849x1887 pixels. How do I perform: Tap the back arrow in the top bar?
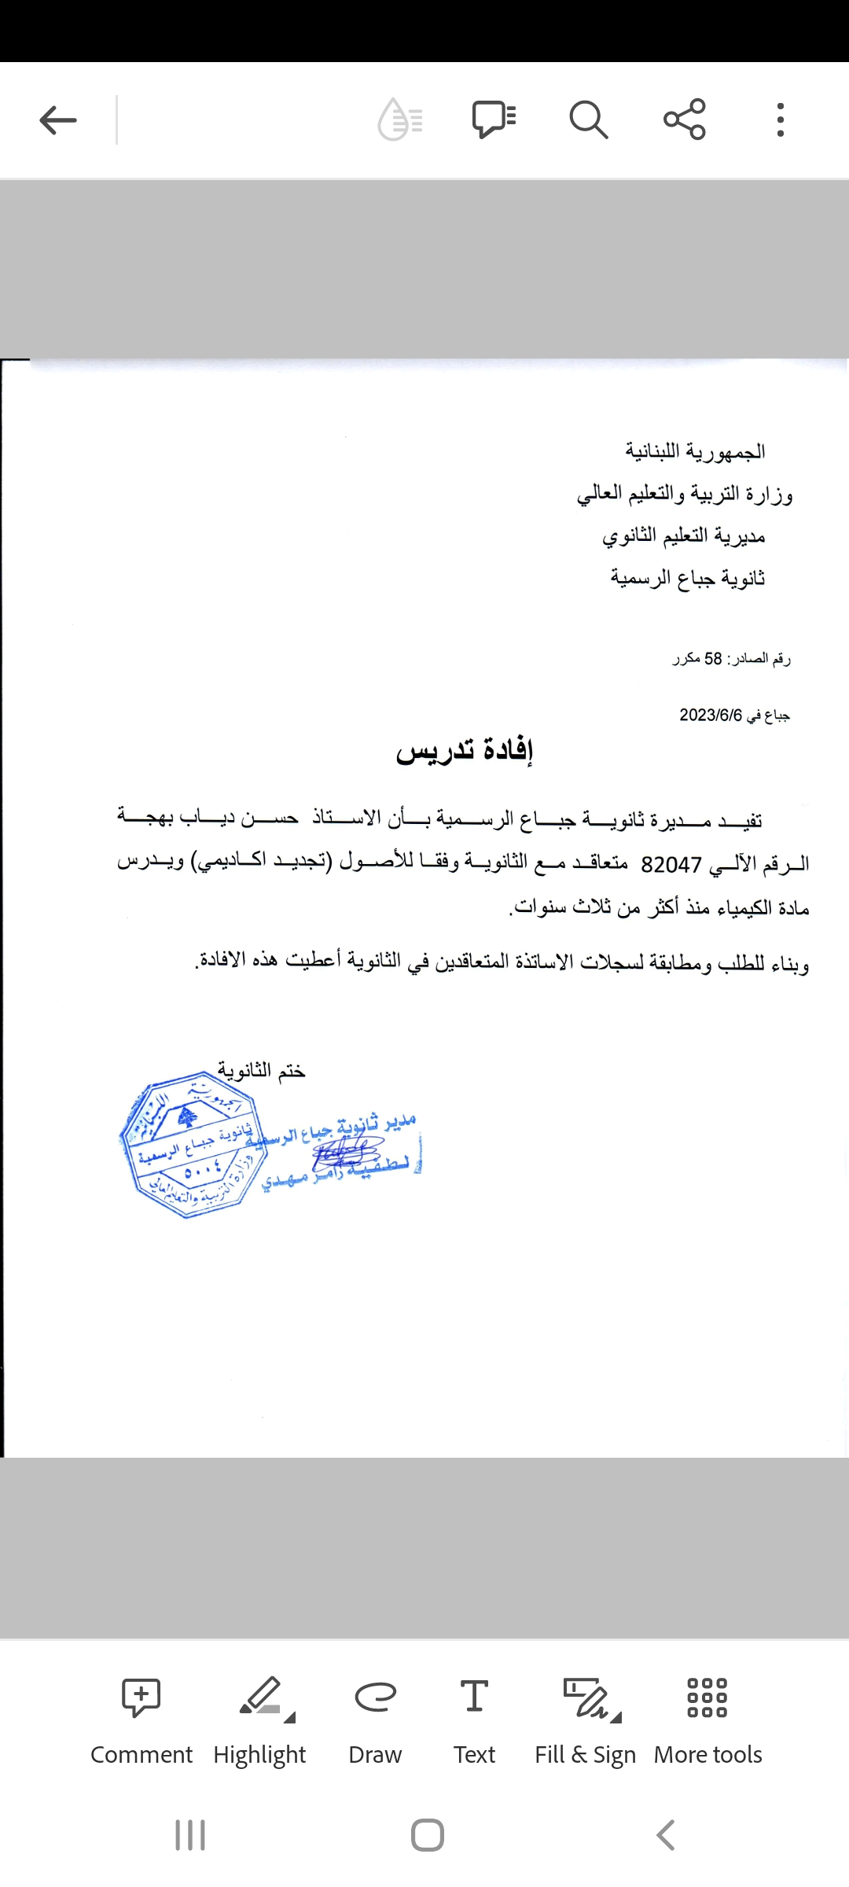click(58, 120)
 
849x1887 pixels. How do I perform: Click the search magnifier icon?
click(588, 120)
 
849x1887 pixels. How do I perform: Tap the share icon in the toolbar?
click(685, 120)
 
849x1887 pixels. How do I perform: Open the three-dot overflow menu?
click(780, 120)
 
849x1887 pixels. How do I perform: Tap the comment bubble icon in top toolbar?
click(494, 120)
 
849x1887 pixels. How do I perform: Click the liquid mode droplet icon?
click(400, 120)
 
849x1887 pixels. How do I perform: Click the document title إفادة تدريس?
click(465, 751)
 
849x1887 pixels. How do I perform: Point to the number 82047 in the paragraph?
click(671, 865)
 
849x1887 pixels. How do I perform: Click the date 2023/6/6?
click(711, 715)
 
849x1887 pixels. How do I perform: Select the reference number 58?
click(713, 659)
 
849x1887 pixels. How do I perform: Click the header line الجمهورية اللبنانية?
click(695, 451)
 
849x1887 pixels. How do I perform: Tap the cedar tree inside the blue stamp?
click(187, 1116)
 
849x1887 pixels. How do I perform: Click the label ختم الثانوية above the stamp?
click(261, 1071)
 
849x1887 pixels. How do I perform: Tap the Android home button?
click(427, 1835)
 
